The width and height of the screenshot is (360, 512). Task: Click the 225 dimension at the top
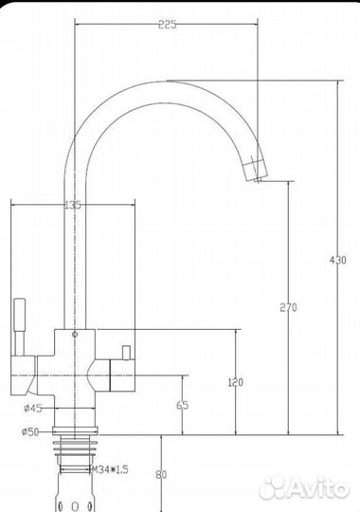[x=167, y=25]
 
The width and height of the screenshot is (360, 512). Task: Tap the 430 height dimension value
[x=338, y=260]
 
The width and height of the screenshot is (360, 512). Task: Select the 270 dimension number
[x=289, y=307]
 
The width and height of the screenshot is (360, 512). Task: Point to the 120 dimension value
[x=235, y=382]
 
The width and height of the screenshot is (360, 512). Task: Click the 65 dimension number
[x=183, y=405]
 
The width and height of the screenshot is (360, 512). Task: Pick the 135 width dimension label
[x=73, y=205]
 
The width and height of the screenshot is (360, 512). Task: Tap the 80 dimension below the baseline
[x=161, y=475]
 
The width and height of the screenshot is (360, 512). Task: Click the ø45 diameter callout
[x=33, y=408]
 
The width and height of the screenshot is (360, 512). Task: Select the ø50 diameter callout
[x=30, y=432]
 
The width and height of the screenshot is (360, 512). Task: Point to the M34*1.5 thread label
[x=110, y=470]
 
